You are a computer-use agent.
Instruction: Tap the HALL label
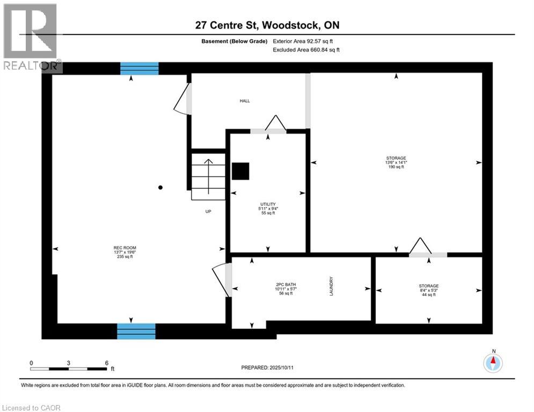coord(245,101)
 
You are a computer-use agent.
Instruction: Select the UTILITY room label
coord(268,204)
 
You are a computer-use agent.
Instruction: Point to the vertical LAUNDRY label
coord(332,286)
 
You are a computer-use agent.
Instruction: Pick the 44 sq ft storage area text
coord(428,295)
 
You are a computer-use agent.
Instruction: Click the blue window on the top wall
coord(140,68)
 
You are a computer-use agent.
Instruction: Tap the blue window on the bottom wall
coord(136,331)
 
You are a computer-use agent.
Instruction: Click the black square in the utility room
coord(240,171)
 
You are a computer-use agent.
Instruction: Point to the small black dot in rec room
coord(160,187)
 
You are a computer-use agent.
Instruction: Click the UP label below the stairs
coord(208,211)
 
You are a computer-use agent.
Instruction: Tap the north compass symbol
coord(493,363)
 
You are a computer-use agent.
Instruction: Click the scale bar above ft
coord(69,369)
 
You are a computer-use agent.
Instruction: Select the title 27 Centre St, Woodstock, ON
coord(267,25)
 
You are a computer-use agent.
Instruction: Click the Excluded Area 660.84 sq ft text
coord(306,49)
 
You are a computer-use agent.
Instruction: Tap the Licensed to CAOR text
coord(32,408)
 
